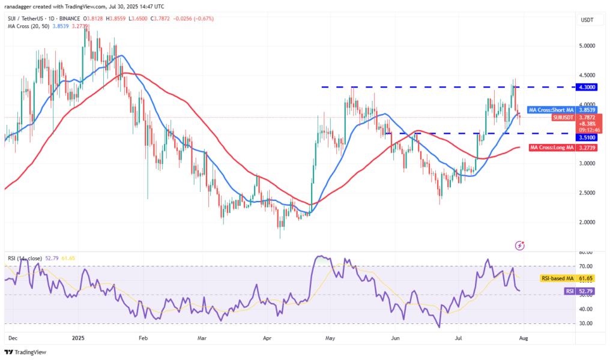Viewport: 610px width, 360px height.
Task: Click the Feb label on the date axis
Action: (142, 338)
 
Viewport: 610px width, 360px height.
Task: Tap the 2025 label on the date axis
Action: (79, 338)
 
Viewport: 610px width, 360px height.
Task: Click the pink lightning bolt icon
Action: (520, 245)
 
